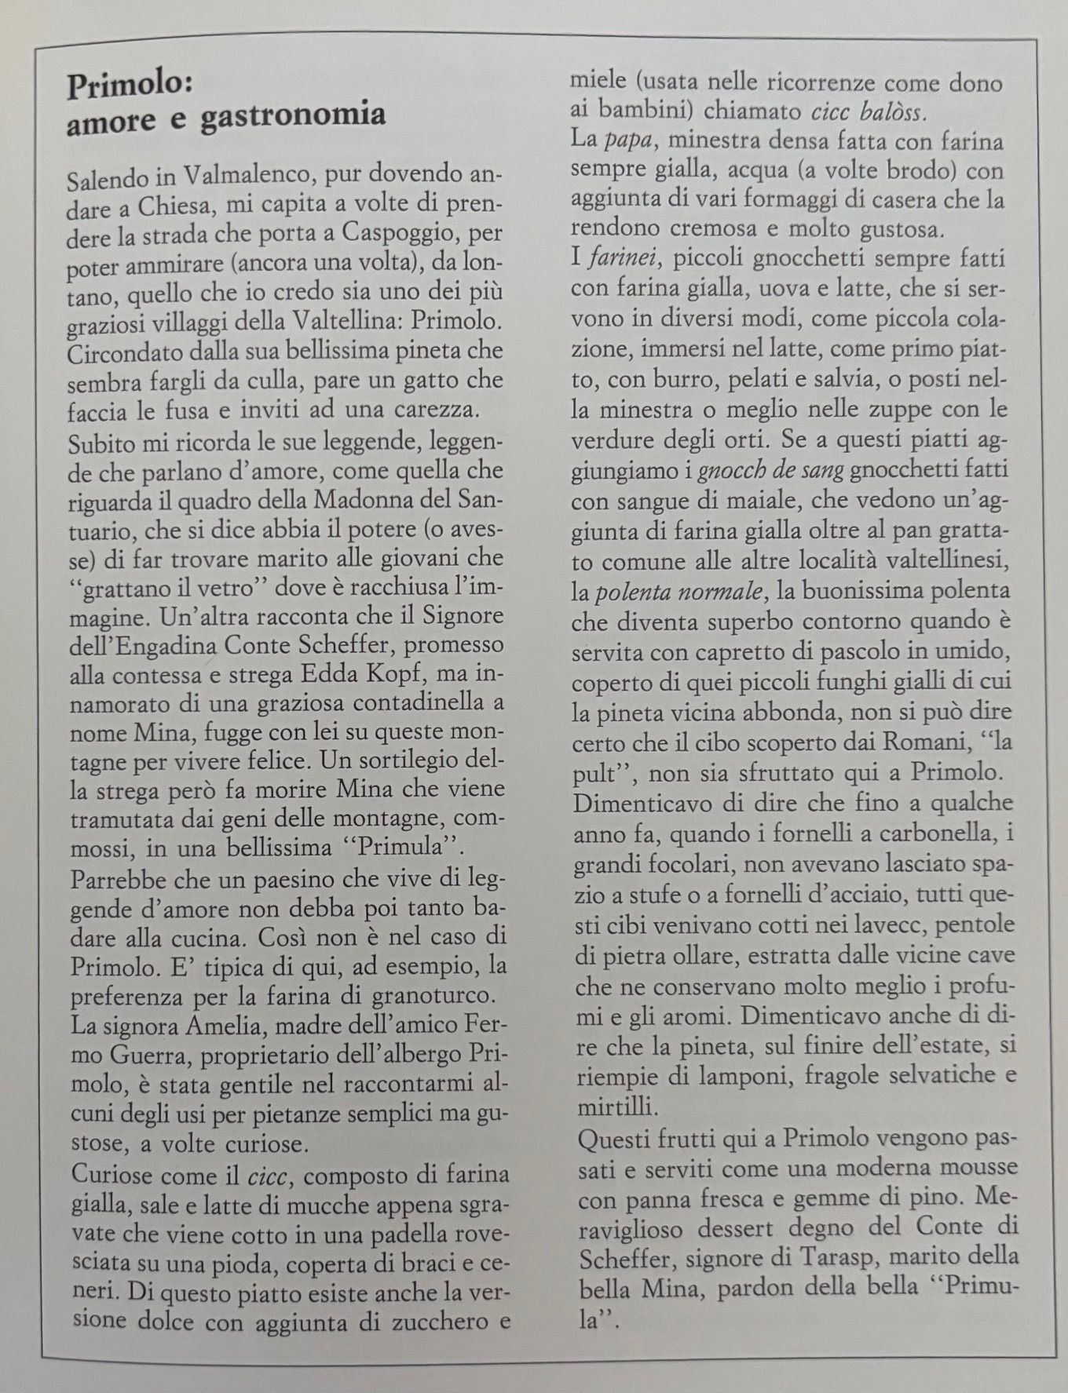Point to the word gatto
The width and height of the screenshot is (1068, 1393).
tap(420, 380)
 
